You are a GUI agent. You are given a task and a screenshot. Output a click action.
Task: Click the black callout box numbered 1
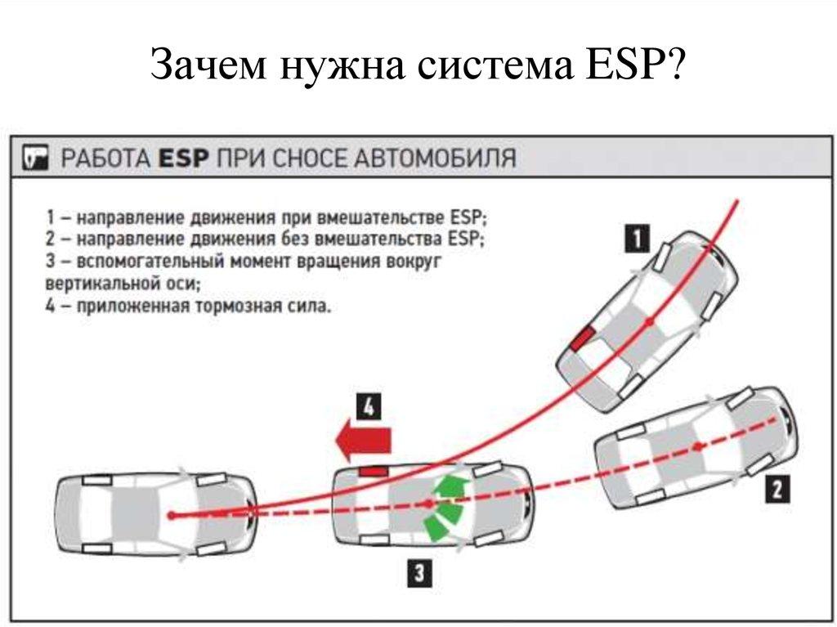[x=638, y=239]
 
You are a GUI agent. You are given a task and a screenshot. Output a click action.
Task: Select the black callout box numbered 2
[x=776, y=489]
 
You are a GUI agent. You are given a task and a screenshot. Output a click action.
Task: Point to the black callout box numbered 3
[x=418, y=573]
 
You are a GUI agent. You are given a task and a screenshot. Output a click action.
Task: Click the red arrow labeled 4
[x=365, y=441]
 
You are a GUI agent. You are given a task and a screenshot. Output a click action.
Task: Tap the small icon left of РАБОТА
[x=36, y=157]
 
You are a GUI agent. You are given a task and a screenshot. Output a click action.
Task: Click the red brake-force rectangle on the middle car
[x=373, y=470]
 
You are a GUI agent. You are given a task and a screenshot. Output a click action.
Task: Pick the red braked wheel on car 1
[x=583, y=338]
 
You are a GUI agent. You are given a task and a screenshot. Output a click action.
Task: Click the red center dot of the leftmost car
[x=172, y=515]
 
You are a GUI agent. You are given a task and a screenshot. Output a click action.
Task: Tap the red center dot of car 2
[x=698, y=446]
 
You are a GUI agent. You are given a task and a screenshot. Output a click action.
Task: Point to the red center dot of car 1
[x=649, y=323]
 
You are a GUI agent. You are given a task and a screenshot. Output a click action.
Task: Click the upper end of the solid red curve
[x=737, y=199]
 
